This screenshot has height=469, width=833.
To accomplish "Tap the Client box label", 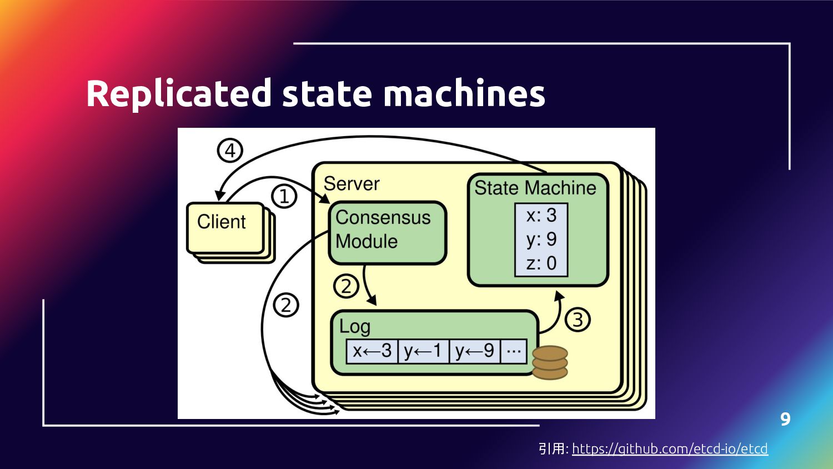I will click(221, 222).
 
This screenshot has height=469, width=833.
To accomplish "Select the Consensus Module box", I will click(387, 232).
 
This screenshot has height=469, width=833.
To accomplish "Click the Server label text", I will click(352, 184).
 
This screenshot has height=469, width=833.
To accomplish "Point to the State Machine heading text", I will click(535, 188).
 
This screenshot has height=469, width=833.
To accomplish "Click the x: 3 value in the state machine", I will click(541, 215).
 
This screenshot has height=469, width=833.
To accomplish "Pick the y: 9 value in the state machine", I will click(541, 239).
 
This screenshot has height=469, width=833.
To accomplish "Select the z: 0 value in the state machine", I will click(541, 263).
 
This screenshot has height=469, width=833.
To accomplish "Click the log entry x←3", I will click(372, 351).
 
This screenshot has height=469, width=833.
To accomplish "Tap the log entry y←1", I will click(423, 351).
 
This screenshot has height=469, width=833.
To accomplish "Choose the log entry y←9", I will click(474, 351).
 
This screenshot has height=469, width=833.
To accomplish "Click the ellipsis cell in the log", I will click(514, 351).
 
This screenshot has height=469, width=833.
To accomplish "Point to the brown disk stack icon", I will click(550, 362).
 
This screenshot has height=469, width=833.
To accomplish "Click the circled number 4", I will click(230, 150).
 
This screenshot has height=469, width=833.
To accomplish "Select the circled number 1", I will click(284, 196).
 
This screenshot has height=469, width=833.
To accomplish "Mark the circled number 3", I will click(578, 320).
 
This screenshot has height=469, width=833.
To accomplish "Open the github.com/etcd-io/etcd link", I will click(670, 448).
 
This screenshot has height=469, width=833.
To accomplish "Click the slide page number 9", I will click(785, 419).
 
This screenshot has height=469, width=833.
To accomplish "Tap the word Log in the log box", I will click(355, 327).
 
